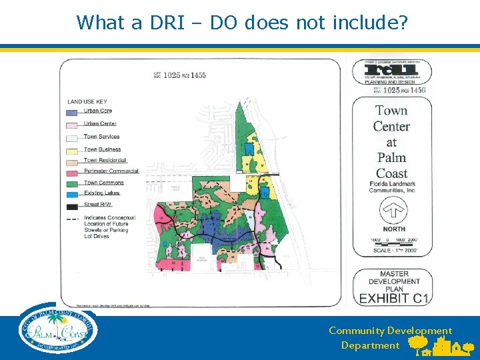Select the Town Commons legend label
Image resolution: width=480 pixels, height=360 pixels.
103,183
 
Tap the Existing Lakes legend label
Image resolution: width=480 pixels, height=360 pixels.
101,193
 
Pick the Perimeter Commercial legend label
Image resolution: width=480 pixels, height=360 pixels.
111,171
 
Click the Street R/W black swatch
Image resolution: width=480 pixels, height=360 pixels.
73,205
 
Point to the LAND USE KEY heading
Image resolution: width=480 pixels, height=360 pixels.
87,101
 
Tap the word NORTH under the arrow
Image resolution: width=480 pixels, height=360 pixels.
393,229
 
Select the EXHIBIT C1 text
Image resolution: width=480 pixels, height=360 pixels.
393,299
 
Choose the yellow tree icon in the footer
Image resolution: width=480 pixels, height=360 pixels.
417,343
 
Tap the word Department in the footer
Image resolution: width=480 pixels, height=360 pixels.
370,345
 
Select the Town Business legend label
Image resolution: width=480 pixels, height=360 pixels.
101,149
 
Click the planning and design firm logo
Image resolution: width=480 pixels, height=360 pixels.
392,71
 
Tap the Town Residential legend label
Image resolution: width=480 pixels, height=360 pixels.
105,160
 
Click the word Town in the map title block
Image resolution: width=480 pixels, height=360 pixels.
391,111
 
